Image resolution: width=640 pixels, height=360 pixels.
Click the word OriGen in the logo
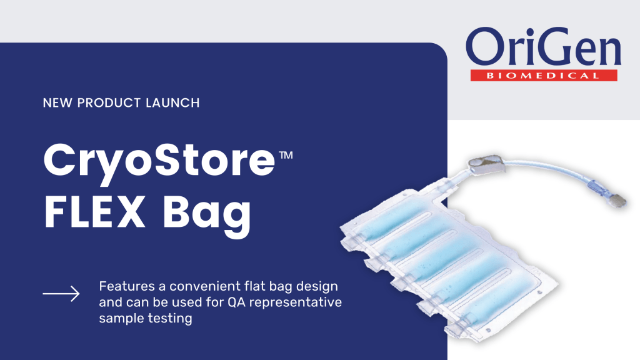point(542,50)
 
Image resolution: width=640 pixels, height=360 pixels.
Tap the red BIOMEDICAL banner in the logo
point(543,76)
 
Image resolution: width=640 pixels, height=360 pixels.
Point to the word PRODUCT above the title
point(109,102)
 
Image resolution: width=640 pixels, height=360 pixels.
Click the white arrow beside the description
point(61,293)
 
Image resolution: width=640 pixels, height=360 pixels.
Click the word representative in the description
point(306,302)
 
